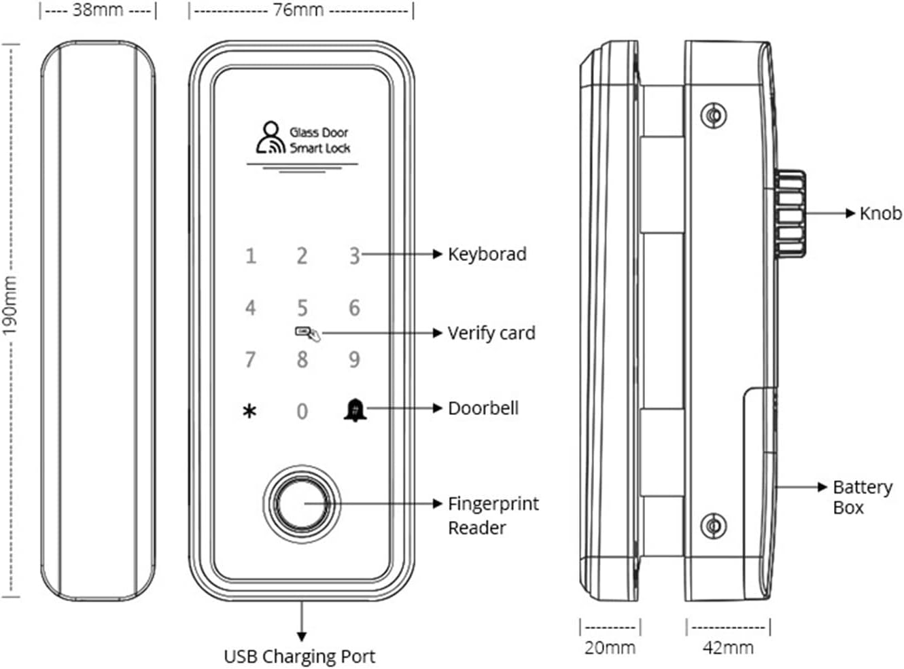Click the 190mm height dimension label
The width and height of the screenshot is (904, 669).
point(9,306)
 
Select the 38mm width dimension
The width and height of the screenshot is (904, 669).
point(98,10)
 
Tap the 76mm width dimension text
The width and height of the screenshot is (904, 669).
point(298,10)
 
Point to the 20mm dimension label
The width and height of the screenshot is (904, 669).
point(610,648)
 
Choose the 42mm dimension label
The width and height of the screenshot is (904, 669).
point(729,648)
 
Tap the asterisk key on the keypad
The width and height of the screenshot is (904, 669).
point(249,411)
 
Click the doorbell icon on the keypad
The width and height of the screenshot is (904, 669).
point(355,410)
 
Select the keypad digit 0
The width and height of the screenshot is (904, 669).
point(302,411)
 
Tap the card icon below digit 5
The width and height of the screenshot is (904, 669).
point(308,333)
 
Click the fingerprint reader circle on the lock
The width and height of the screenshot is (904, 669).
point(302,504)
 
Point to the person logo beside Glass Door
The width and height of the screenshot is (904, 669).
point(271,137)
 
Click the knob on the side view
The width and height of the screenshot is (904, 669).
point(790,214)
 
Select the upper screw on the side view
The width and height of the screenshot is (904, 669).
point(713,115)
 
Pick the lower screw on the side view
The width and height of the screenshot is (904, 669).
point(713,526)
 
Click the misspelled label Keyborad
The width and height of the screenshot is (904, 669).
point(487,254)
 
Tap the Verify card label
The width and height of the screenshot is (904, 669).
point(491,333)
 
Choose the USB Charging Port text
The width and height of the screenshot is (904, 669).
point(300,657)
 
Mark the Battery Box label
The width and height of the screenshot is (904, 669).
point(863,497)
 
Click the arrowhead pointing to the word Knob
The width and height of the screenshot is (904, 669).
point(850,213)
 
